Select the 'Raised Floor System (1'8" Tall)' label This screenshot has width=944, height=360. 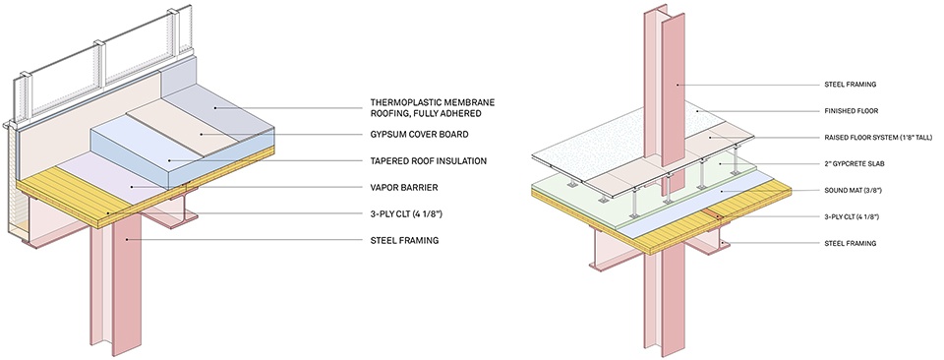(x=870, y=138)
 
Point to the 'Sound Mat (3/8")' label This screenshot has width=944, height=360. (x=851, y=190)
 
